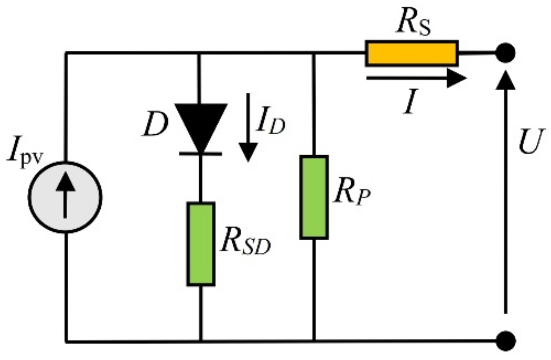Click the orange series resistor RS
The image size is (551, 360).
point(412,53)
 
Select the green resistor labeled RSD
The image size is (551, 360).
point(201,244)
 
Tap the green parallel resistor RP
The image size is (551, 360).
point(314,197)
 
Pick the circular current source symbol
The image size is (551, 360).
point(65,197)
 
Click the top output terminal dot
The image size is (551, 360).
point(505,53)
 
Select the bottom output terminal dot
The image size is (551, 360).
point(505,341)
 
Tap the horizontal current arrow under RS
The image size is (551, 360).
point(416,79)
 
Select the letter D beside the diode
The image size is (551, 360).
point(155,127)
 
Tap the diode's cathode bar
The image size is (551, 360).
point(201,154)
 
